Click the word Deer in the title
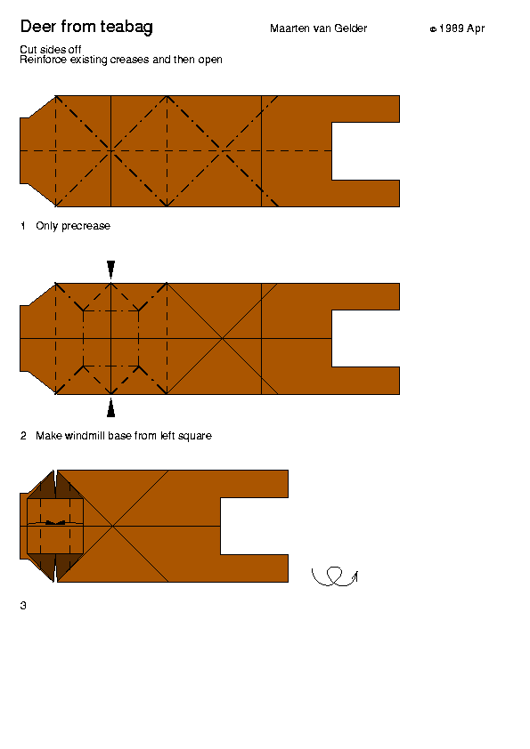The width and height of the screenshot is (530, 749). coord(38,27)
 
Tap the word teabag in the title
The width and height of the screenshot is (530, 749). coord(126,28)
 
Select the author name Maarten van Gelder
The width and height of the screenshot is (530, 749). coord(319,28)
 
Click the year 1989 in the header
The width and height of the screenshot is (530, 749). coord(452,28)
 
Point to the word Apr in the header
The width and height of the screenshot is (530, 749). coord(476,29)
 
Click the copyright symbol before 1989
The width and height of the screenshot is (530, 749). coord(433,29)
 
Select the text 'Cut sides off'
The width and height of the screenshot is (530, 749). coord(50,49)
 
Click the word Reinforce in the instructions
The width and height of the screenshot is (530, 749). coord(43,60)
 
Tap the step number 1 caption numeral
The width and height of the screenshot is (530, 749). coord(23,226)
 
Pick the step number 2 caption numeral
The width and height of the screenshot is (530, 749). coord(23,436)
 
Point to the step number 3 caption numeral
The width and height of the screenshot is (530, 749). coord(23,606)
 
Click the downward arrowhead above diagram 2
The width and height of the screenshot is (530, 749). coord(111,270)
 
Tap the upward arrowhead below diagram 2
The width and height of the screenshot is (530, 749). coord(111,407)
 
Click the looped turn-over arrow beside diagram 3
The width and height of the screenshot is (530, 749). coord(335,576)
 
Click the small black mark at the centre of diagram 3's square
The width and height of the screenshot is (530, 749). coord(55,522)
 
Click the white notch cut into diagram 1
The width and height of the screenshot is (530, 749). coord(365,151)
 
